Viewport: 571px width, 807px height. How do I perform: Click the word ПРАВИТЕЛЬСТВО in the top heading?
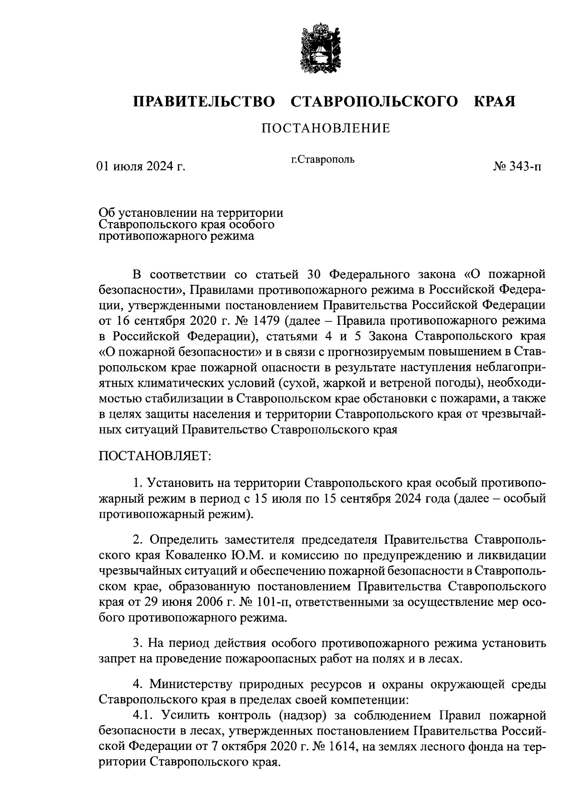(204, 102)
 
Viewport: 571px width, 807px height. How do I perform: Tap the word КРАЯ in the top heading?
(495, 102)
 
